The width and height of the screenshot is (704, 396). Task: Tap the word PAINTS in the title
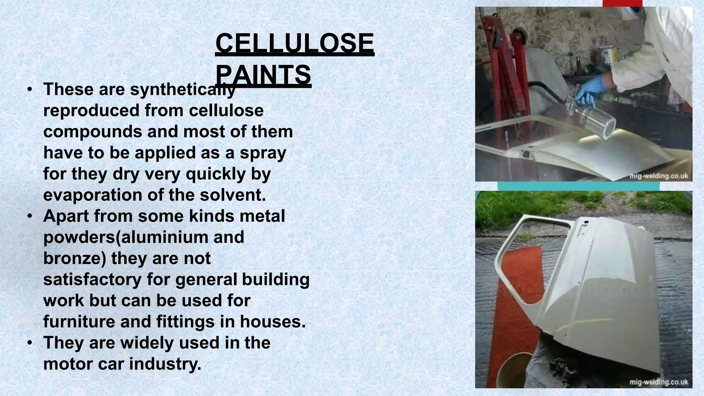263,75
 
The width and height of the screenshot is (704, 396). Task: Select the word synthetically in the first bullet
183,89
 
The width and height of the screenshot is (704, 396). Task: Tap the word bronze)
75,258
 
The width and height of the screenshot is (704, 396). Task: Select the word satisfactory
92,279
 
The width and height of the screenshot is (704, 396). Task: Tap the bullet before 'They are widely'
30,343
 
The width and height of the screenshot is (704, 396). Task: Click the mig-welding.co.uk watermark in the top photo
659,176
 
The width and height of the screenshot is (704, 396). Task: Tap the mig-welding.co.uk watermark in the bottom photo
659,382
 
